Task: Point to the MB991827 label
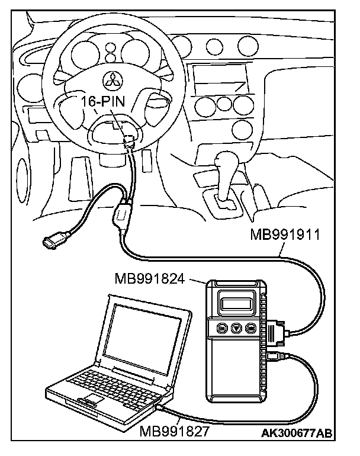pos(175,431)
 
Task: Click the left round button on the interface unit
pos(223,327)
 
